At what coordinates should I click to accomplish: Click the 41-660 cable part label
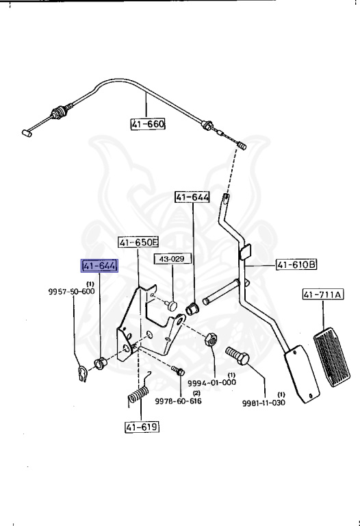[148, 125]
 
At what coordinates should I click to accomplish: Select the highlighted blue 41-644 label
[99, 266]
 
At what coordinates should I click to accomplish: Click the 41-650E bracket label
[138, 242]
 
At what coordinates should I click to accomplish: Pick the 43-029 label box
[172, 259]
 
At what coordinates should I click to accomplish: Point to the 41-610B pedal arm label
[296, 264]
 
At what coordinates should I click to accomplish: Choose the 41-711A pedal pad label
[324, 295]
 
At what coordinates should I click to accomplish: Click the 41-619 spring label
[141, 427]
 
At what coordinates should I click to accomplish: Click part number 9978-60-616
[178, 401]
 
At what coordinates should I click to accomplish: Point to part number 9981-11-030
[263, 401]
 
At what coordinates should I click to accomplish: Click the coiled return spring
[138, 393]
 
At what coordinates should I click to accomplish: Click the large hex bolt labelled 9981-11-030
[235, 356]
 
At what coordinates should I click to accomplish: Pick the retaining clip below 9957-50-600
[81, 373]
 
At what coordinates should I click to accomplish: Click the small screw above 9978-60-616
[178, 370]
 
